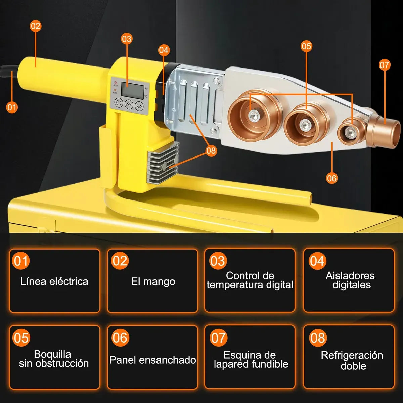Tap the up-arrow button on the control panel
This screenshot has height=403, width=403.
tap(129, 104)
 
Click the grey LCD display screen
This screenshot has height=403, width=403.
tap(132, 90)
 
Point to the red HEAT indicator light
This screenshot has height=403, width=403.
tap(115, 83)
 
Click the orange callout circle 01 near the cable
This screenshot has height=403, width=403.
tap(12, 107)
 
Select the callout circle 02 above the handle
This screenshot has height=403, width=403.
tap(35, 26)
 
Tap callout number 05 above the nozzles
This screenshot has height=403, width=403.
tap(306, 46)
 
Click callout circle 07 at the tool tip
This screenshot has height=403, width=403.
tap(385, 65)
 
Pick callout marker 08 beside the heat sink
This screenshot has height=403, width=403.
tap(211, 150)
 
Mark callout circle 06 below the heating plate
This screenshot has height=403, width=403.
tap(332, 178)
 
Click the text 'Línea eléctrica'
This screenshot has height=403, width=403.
tap(54, 281)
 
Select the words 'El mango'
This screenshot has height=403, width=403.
tap(153, 281)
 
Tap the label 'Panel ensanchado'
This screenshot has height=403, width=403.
tap(153, 360)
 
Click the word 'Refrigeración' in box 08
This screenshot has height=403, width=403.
tap(352, 355)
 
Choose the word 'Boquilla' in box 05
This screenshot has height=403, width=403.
tap(52, 354)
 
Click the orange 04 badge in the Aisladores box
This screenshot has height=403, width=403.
tap(317, 261)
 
